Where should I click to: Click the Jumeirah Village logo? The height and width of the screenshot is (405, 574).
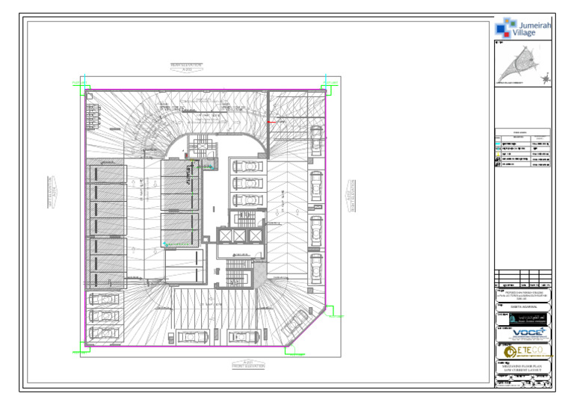point(522,28)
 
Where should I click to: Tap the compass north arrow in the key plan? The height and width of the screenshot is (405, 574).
point(546,76)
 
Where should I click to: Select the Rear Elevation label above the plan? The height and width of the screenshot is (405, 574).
point(186,67)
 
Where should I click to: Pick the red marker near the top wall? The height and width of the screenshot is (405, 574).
point(273,122)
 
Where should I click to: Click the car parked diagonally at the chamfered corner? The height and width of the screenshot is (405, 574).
point(297,324)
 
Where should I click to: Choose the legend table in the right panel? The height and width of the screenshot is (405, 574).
point(522,153)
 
